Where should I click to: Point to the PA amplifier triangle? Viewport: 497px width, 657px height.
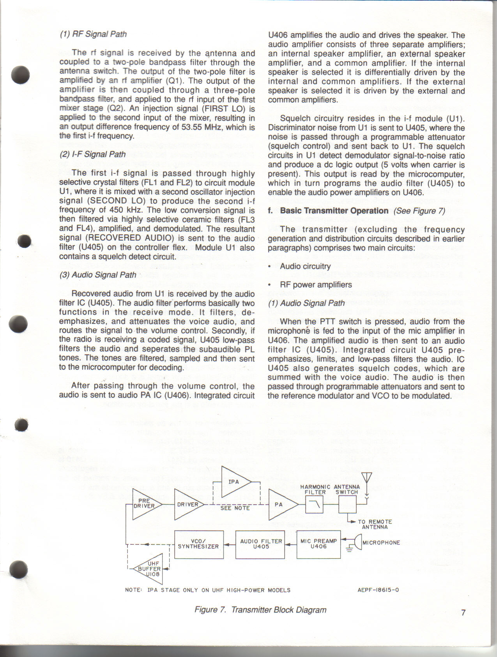click(x=281, y=505)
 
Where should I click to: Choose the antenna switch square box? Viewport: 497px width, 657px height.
click(x=347, y=504)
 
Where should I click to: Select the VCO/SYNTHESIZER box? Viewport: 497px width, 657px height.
click(x=199, y=544)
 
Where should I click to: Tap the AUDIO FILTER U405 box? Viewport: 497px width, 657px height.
click(x=260, y=544)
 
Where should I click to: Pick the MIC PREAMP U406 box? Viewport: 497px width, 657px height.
click(x=318, y=544)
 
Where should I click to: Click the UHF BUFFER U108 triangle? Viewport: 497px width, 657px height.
click(x=150, y=569)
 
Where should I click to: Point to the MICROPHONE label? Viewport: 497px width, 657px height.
click(x=381, y=542)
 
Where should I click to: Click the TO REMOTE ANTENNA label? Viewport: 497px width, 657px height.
click(x=375, y=525)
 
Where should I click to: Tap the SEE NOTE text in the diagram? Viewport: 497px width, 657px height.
click(x=235, y=508)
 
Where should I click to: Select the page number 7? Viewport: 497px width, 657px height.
click(x=463, y=613)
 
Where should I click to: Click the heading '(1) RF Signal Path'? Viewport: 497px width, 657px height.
click(x=93, y=34)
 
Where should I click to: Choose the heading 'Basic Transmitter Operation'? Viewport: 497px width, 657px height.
click(x=334, y=211)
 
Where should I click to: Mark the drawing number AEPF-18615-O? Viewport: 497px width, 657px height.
click(x=378, y=590)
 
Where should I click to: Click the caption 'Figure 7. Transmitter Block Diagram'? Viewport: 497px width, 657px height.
click(x=260, y=610)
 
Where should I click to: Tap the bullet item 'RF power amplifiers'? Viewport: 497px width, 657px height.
click(x=316, y=285)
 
